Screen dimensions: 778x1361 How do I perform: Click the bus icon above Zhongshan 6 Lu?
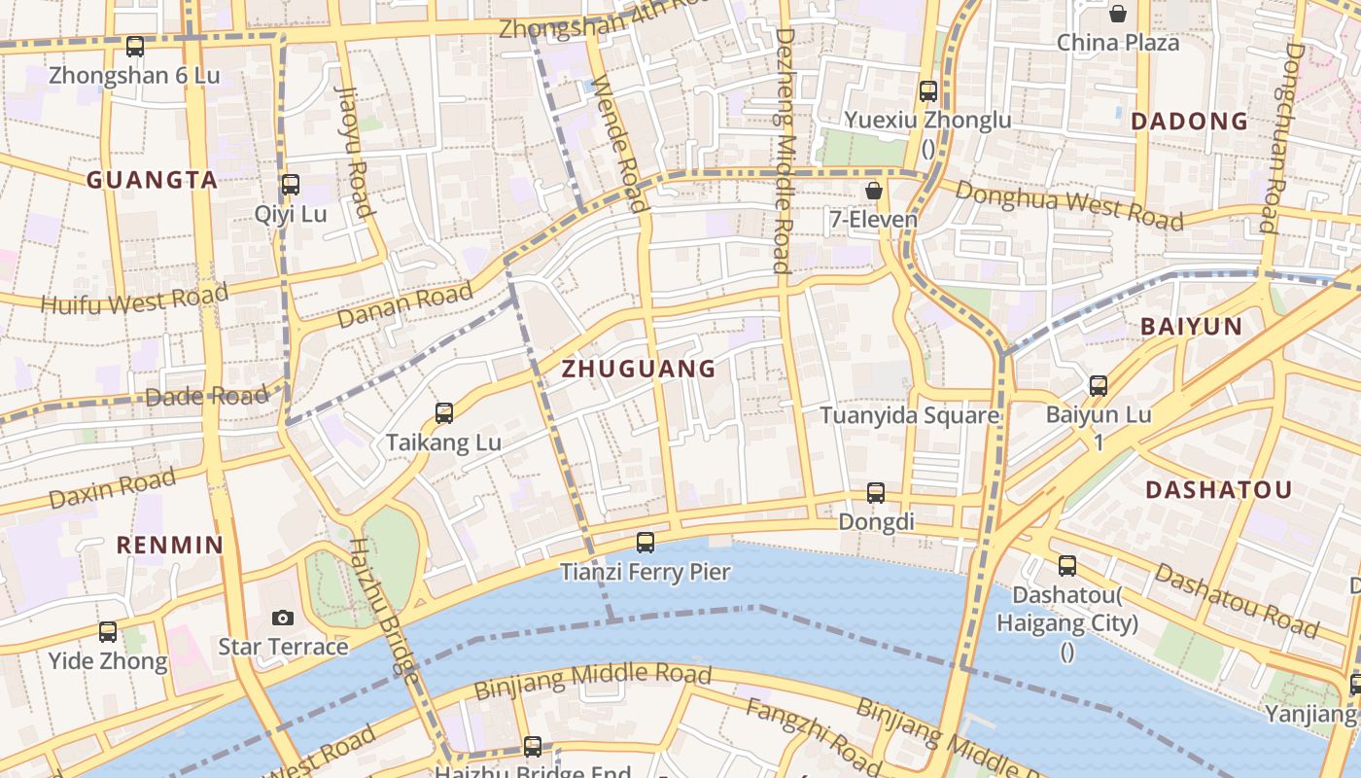(135, 46)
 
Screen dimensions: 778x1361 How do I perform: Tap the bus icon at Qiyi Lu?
(290, 184)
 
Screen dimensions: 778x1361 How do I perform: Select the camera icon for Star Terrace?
(283, 618)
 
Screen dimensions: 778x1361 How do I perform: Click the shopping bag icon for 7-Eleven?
(874, 191)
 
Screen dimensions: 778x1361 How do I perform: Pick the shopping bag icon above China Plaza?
(1118, 14)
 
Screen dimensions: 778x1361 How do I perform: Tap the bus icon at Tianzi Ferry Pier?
(646, 542)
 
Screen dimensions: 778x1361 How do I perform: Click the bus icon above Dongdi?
(876, 493)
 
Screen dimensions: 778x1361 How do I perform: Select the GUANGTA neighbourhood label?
(152, 180)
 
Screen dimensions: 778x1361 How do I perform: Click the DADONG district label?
(1190, 122)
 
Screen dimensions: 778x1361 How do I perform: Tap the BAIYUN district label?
(1192, 327)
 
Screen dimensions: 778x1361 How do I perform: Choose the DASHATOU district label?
(1218, 490)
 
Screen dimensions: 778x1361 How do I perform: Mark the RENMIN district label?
(170, 545)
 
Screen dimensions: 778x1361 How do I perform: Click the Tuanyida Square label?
(909, 416)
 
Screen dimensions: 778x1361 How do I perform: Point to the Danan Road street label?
(404, 305)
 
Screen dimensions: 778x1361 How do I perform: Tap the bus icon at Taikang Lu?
(444, 413)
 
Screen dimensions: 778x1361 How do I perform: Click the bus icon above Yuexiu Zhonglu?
(928, 91)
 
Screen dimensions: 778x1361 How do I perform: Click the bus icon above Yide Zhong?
(108, 632)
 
